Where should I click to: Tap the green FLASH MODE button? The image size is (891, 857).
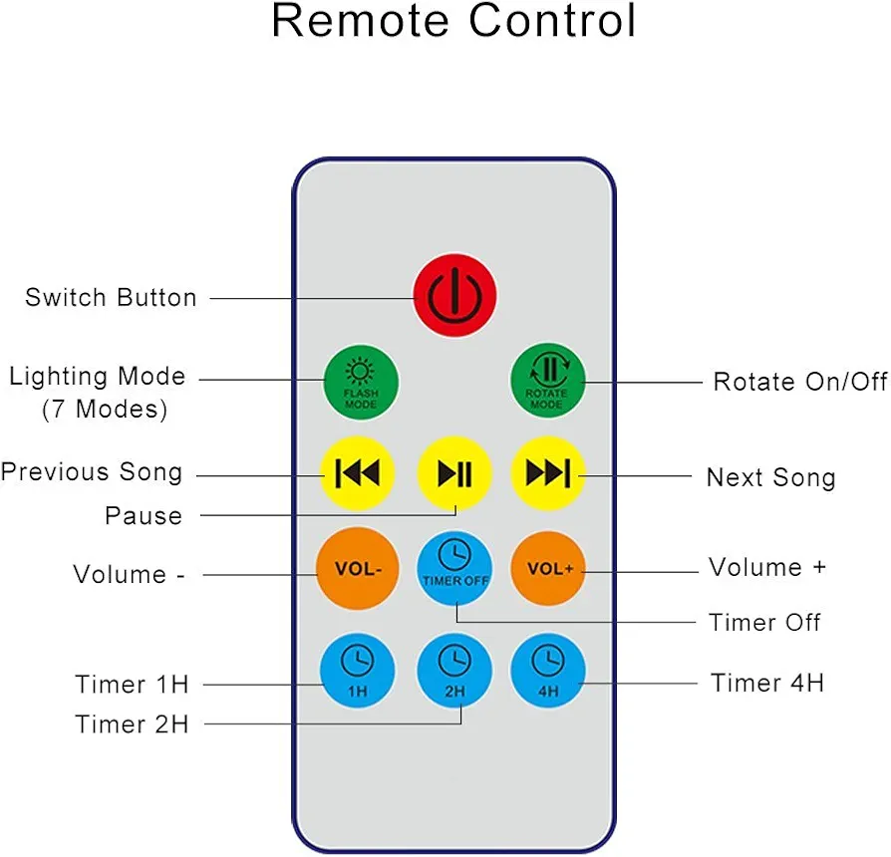coord(361,382)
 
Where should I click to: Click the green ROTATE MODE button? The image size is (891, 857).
coord(548,381)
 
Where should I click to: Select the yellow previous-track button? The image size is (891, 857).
coord(358,472)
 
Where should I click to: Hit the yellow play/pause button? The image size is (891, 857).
coord(454,472)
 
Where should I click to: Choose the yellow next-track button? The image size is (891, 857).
coord(548,472)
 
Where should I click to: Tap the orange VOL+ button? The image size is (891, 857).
coord(548,568)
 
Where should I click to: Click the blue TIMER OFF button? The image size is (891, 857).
coord(454,568)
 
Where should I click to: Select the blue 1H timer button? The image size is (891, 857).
coord(358,671)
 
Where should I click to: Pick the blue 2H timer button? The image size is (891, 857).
coord(454,671)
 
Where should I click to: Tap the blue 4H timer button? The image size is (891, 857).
coord(548,671)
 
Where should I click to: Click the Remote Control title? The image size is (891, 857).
coord(453,21)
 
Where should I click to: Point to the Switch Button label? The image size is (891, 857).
coord(111,297)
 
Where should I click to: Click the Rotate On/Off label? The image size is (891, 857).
coord(800,382)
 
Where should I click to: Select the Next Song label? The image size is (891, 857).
coord(771,477)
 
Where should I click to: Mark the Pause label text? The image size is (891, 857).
coord(144,515)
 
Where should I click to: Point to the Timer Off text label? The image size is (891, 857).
coord(764,622)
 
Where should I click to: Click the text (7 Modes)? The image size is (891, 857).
coord(105,410)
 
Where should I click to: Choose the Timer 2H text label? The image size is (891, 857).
coord(132,724)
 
